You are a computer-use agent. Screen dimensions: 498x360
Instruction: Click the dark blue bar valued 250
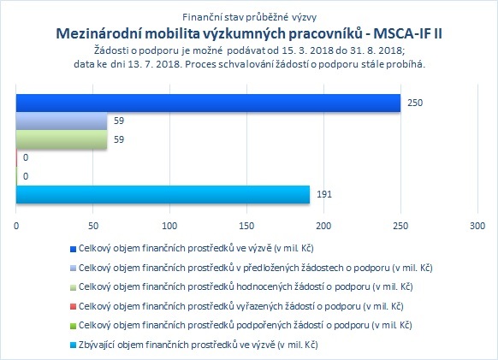click(208, 103)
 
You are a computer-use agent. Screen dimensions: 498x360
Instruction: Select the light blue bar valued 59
click(62, 121)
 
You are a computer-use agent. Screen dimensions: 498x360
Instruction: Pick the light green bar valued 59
click(62, 139)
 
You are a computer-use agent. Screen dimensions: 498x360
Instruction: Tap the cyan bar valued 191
click(163, 194)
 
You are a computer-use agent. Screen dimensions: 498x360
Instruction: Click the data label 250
click(415, 103)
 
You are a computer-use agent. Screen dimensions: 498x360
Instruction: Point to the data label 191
click(324, 194)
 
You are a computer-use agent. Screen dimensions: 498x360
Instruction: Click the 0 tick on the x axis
click(16, 226)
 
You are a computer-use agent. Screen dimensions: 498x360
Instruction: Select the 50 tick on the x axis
click(93, 226)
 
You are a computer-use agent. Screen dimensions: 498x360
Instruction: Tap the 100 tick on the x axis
click(169, 226)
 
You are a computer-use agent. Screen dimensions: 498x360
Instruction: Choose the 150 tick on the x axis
click(246, 226)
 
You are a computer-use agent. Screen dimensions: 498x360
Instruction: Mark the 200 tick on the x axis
click(323, 226)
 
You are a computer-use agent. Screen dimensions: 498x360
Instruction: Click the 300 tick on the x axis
click(477, 226)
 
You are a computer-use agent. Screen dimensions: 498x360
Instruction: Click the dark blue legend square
click(73, 249)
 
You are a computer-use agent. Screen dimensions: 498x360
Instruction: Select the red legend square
click(73, 307)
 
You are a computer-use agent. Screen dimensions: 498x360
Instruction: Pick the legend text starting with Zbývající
click(199, 345)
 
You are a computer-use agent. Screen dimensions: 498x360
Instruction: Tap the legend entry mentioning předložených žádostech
click(256, 268)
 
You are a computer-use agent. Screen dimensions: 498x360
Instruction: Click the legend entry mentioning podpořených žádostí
click(246, 326)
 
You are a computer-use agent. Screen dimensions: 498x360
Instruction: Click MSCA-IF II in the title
click(407, 33)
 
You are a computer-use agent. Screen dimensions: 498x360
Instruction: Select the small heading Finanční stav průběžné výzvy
click(249, 17)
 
